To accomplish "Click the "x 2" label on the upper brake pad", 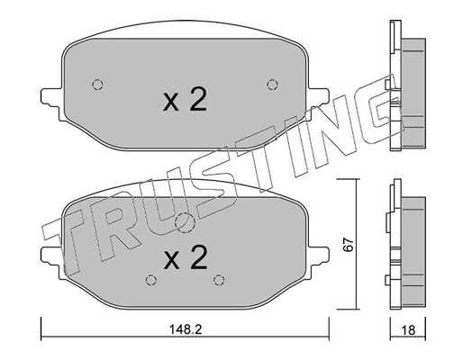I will point(185,99).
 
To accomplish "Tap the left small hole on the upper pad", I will point(98,85).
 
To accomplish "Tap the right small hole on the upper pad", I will point(271,85).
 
